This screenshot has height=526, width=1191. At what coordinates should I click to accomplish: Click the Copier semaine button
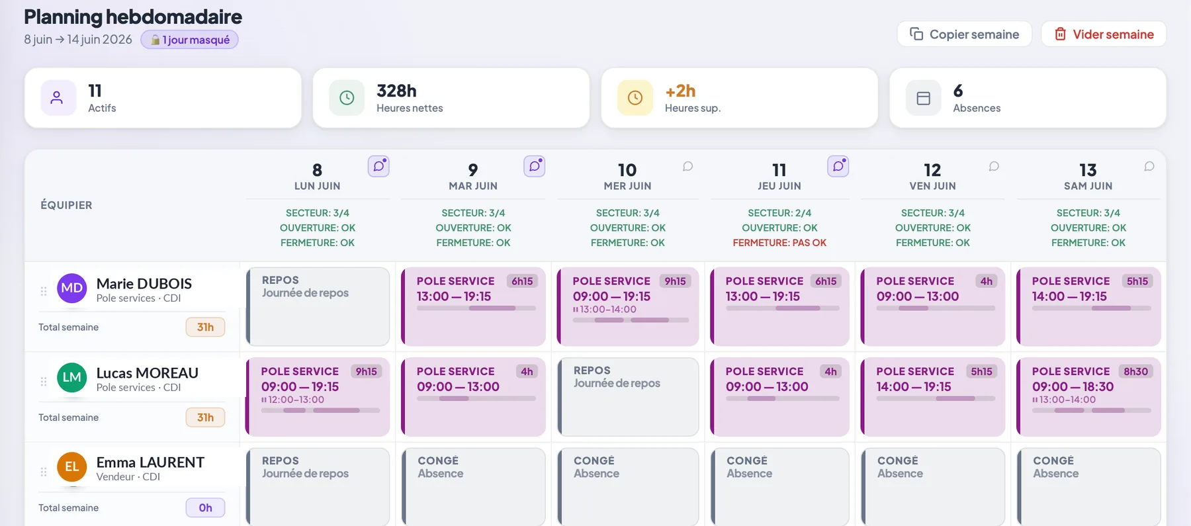click(964, 34)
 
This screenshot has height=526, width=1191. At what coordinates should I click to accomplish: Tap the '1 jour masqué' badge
click(189, 40)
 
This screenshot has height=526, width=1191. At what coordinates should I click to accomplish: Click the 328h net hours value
click(396, 91)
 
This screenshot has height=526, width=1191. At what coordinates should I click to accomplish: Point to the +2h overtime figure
click(680, 91)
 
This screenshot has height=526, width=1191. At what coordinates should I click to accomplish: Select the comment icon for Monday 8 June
click(378, 166)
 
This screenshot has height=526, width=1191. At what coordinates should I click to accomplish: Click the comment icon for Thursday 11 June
click(838, 166)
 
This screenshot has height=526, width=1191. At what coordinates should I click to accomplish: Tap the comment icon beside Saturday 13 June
click(1149, 166)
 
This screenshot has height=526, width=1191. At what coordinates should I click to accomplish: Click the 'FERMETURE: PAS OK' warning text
click(779, 243)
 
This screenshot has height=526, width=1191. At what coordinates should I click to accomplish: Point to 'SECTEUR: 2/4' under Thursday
click(779, 213)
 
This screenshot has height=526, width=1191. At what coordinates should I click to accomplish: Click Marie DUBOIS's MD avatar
click(72, 288)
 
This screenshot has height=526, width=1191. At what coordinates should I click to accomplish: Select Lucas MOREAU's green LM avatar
click(72, 378)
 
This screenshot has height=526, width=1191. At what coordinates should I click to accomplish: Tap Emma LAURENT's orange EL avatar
click(72, 467)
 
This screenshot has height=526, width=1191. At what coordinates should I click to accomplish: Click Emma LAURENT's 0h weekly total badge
click(205, 507)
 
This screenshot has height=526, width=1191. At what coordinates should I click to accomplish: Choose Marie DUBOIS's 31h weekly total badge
click(205, 327)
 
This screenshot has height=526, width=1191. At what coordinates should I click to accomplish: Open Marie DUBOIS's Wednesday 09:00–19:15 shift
click(628, 306)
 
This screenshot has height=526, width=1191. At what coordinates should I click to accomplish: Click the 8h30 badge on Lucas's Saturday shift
click(1135, 371)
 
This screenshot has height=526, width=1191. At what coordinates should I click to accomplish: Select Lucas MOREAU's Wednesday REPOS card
click(628, 397)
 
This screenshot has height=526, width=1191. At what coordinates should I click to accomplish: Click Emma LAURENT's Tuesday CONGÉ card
click(473, 487)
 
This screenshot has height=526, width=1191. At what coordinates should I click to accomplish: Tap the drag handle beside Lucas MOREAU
click(44, 381)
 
